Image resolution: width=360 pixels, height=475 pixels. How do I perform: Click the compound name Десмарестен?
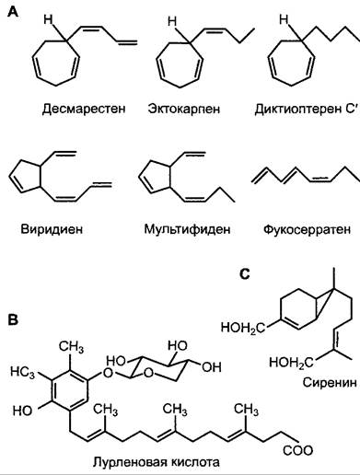tap(84, 109)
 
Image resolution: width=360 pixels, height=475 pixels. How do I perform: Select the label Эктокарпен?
tap(184, 109)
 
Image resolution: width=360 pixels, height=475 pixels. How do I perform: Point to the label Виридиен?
tap(52, 229)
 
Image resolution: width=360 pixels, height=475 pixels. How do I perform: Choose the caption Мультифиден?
tap(187, 229)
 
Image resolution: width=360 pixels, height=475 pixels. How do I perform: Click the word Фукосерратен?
tap(307, 229)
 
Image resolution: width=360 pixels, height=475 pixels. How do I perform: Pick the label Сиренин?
tap(330, 382)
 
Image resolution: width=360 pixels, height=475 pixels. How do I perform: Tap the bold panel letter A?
tap(14, 13)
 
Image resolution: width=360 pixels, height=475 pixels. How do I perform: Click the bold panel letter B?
tap(13, 319)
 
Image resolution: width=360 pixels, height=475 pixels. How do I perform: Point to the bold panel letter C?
tap(244, 274)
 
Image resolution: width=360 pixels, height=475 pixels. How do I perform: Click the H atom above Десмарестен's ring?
tap(48, 19)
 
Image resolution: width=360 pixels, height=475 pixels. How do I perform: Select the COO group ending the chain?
tap(297, 450)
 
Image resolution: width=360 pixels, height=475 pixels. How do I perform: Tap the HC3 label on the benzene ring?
tap(22, 372)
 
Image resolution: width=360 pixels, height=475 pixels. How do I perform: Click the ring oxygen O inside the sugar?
tap(149, 373)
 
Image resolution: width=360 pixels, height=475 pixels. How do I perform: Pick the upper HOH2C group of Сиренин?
tap(243, 328)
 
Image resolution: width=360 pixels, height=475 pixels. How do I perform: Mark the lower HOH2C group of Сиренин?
tap(291, 363)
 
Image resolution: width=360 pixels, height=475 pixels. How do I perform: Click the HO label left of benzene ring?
tap(22, 411)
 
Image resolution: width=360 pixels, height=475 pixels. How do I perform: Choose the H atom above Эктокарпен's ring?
tap(172, 21)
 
